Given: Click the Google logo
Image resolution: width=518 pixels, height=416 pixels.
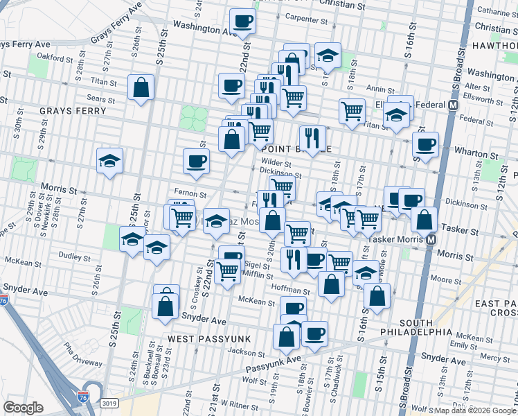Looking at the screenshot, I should tap(23, 408).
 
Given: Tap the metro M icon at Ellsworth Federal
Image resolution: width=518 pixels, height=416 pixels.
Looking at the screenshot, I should tap(454, 105).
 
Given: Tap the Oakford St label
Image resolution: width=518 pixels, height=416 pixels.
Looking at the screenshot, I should tap(55, 57).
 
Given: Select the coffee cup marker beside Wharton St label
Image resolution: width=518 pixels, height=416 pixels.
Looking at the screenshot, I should tap(425, 144).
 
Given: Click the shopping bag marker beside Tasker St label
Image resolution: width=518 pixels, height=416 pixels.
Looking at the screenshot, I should tap(425, 219).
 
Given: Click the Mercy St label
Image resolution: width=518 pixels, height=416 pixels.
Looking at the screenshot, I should tap(494, 357).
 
